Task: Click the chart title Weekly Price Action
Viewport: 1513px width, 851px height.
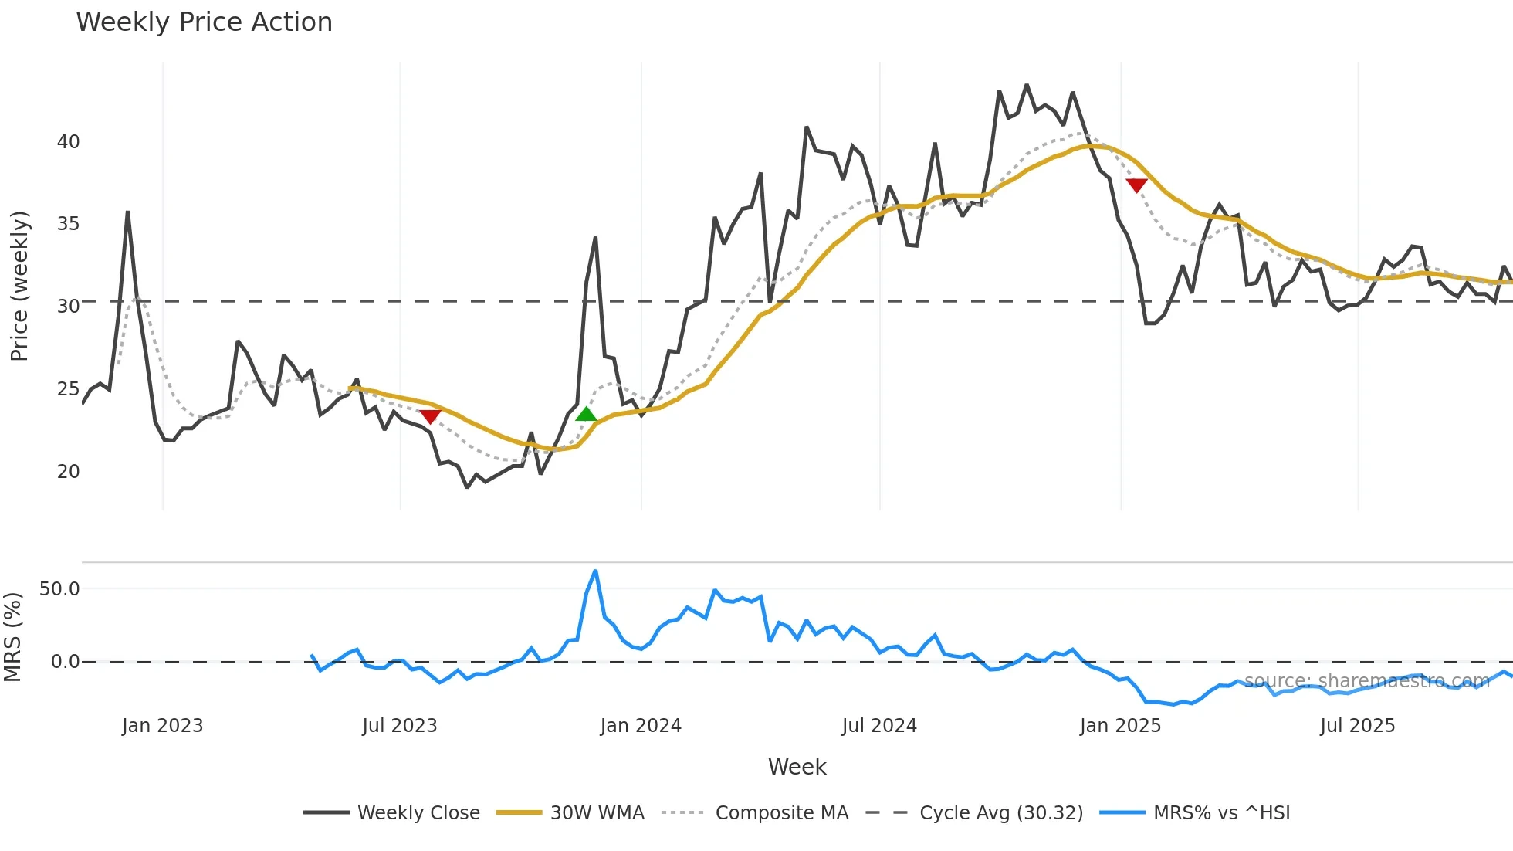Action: (204, 22)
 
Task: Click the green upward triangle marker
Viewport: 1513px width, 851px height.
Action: (587, 415)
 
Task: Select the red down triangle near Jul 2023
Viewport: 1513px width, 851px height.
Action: (430, 417)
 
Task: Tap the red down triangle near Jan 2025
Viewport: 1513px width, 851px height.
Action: (1136, 185)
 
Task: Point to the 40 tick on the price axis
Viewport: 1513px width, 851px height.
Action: (68, 142)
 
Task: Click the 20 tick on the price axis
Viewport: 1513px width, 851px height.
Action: (68, 472)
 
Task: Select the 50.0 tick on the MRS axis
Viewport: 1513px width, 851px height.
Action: (59, 589)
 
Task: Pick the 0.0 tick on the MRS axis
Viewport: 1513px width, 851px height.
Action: (65, 662)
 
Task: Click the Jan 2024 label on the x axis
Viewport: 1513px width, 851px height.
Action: (641, 726)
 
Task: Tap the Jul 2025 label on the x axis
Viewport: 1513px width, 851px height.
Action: (1357, 726)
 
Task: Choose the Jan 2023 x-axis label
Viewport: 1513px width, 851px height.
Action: (162, 726)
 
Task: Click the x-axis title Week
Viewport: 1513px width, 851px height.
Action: (797, 767)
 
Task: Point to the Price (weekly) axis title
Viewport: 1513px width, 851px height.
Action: (19, 286)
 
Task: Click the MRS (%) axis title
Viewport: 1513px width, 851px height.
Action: (13, 637)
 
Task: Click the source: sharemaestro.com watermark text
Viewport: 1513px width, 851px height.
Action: (1366, 681)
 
